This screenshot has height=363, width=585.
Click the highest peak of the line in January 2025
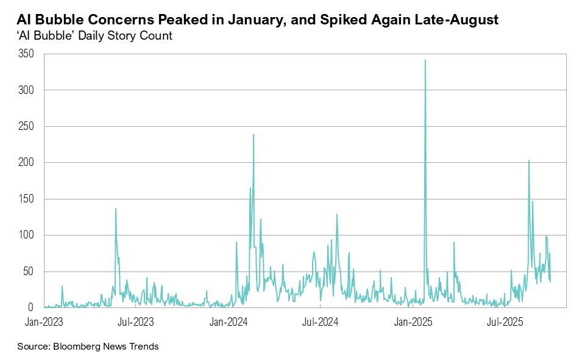pyautogui.click(x=425, y=60)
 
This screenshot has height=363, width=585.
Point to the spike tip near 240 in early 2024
pyautogui.click(x=253, y=134)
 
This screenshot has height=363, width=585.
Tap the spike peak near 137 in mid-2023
pyautogui.click(x=116, y=209)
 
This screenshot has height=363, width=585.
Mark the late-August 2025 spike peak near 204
pyautogui.click(x=528, y=160)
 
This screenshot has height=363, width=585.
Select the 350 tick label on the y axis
pyautogui.click(x=26, y=54)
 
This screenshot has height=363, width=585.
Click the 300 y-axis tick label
pyautogui.click(x=26, y=90)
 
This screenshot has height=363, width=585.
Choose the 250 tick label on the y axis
pyautogui.click(x=26, y=126)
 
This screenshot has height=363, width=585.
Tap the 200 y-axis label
pyautogui.click(x=26, y=163)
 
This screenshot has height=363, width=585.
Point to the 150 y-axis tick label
pyautogui.click(x=26, y=199)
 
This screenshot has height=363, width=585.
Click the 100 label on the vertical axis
pyautogui.click(x=26, y=235)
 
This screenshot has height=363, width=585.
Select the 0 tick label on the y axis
pyautogui.click(x=30, y=307)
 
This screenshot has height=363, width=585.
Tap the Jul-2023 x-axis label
pyautogui.click(x=135, y=320)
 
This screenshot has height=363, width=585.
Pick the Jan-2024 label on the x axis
pyautogui.click(x=227, y=320)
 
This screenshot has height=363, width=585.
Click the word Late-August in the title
pyautogui.click(x=457, y=20)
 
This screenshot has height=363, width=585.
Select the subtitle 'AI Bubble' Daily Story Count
pyautogui.click(x=94, y=36)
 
